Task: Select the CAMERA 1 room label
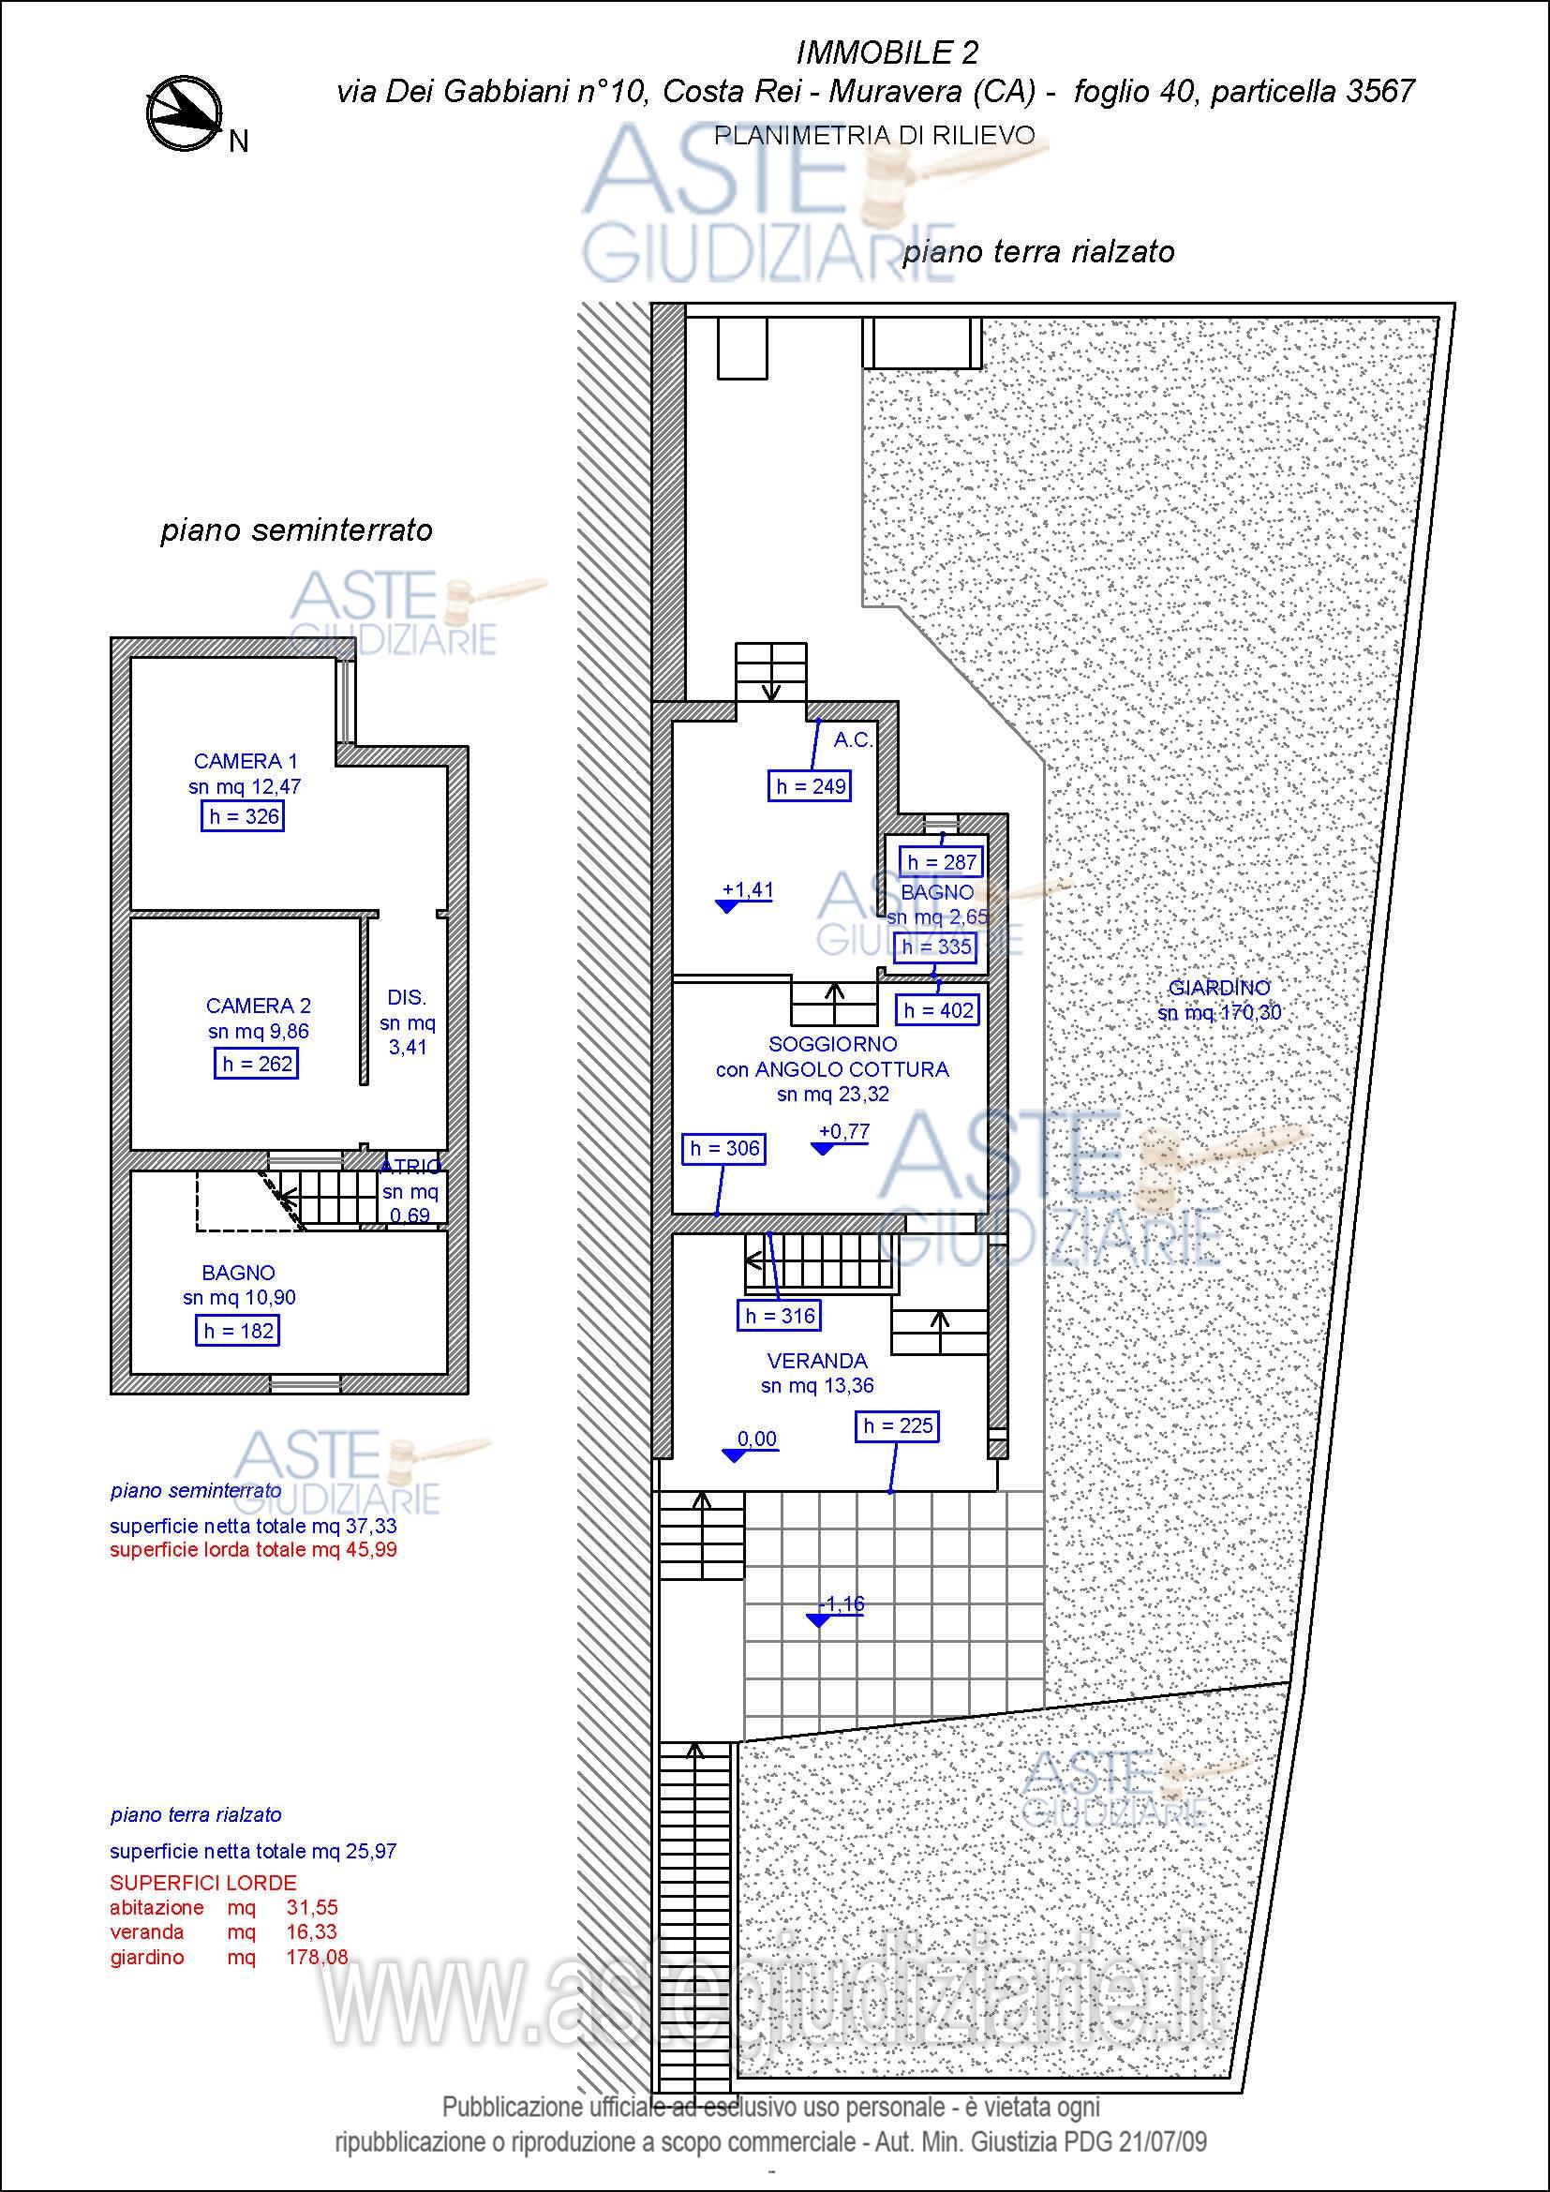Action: coord(246,761)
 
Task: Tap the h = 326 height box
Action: coord(244,816)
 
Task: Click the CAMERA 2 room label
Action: coord(258,1006)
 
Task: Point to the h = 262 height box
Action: coord(257,1064)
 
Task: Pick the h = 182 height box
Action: coord(239,1331)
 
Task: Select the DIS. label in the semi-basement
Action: coord(407,998)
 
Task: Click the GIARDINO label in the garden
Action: coord(1219,988)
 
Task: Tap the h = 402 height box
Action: coord(938,1010)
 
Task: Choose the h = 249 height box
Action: coord(811,785)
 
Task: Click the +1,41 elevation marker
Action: coord(744,896)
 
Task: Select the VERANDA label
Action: coord(817,1361)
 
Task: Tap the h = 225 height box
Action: coord(897,1426)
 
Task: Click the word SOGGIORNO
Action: coord(832,1044)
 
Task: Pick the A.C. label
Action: coord(854,740)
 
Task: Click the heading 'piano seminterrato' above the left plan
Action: coord(296,530)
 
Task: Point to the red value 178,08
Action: coord(317,1957)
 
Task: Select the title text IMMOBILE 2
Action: coord(887,52)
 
